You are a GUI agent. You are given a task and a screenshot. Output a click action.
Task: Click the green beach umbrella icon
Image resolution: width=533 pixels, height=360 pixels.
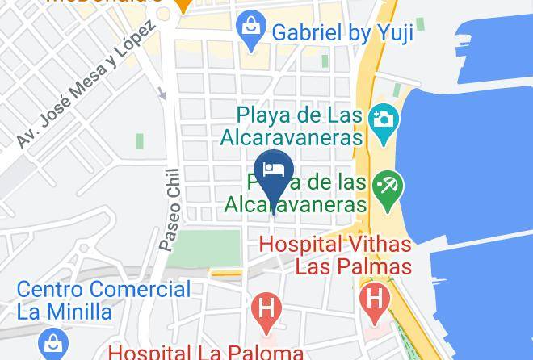click(x=388, y=189)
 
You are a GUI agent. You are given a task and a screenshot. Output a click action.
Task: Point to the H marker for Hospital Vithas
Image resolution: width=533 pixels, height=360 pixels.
click(x=375, y=297)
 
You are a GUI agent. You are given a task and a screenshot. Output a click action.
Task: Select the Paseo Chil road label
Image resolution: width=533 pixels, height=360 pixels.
click(x=170, y=210)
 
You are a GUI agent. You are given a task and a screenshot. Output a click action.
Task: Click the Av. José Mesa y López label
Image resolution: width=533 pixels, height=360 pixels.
click(x=85, y=85)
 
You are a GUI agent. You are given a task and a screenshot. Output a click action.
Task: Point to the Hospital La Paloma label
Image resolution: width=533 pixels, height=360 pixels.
click(x=206, y=352)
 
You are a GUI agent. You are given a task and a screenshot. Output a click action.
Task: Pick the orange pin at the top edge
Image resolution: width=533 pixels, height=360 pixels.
click(x=184, y=5)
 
